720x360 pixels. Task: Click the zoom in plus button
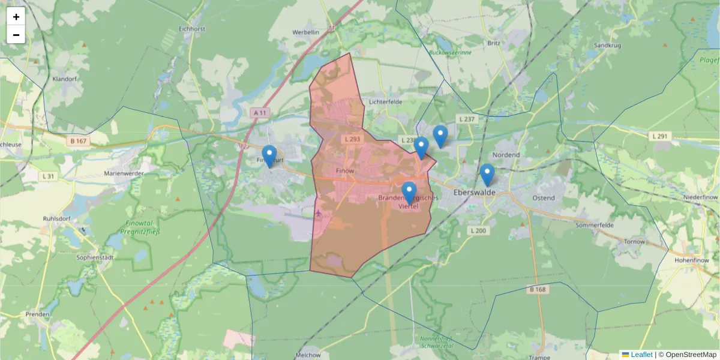pos(16,17)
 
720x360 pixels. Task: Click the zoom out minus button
pos(16,35)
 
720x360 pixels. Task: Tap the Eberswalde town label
pos(474,193)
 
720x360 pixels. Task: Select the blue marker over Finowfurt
pos(269,155)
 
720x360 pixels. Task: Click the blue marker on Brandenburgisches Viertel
pos(409,192)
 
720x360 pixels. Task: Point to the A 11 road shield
pos(259,113)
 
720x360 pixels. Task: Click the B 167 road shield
pos(79,141)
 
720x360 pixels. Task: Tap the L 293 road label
pos(352,139)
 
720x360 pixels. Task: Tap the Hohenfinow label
pos(692,260)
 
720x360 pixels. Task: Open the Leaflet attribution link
pos(641,355)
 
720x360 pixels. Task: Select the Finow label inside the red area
pos(346,171)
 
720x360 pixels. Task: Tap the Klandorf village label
pos(65,79)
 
